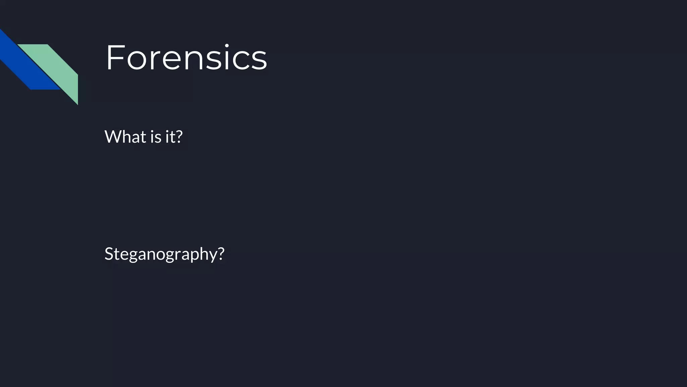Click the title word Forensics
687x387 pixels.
tap(186, 57)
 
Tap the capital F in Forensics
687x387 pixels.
tap(114, 57)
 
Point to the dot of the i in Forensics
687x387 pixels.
tap(227, 45)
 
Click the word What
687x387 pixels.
tap(125, 137)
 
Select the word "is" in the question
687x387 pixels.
tap(156, 137)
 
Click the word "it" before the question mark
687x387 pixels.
tap(169, 137)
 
